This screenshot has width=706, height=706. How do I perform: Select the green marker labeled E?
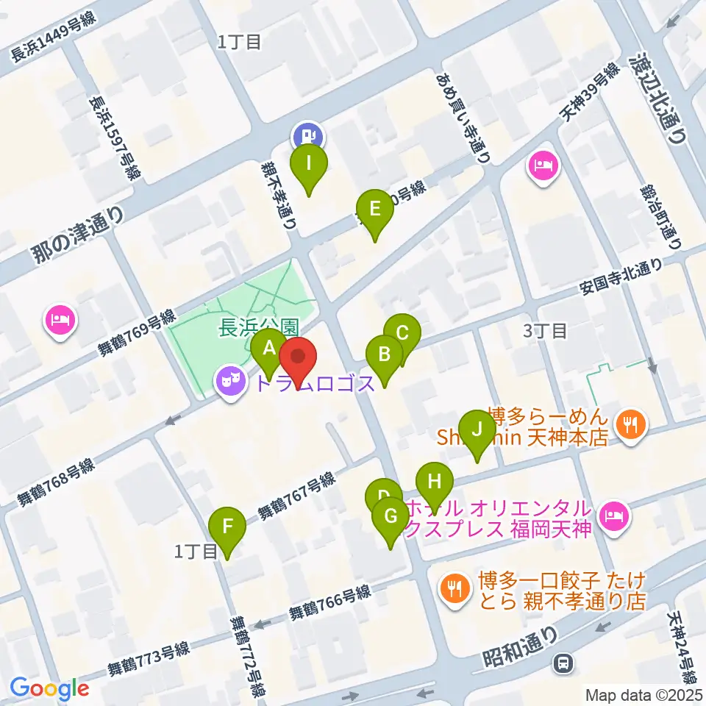pyautogui.click(x=375, y=210)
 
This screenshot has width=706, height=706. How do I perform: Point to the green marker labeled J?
pyautogui.click(x=477, y=431)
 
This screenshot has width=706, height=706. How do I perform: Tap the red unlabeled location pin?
pyautogui.click(x=299, y=359)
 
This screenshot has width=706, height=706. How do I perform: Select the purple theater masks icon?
pyautogui.click(x=230, y=381)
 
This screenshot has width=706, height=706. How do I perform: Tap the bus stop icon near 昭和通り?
pyautogui.click(x=564, y=663)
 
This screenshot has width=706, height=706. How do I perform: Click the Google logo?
pyautogui.click(x=50, y=688)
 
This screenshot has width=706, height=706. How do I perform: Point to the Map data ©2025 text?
pyautogui.click(x=643, y=693)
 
